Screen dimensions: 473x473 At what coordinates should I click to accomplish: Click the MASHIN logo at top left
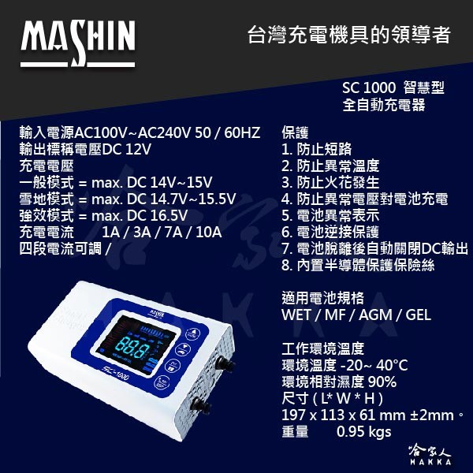78,43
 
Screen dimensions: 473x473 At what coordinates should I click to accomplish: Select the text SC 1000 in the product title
369,88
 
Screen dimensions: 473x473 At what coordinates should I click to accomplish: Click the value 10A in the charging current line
208,233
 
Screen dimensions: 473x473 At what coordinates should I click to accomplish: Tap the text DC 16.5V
157,216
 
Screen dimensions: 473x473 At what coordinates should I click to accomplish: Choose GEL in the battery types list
418,315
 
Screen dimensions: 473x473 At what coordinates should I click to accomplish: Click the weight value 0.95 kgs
363,432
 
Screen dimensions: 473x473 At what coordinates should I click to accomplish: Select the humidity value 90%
382,382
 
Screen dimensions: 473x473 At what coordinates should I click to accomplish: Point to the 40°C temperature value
392,365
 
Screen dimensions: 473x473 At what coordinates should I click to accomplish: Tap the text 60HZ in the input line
242,132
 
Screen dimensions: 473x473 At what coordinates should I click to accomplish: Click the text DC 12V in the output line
126,149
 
